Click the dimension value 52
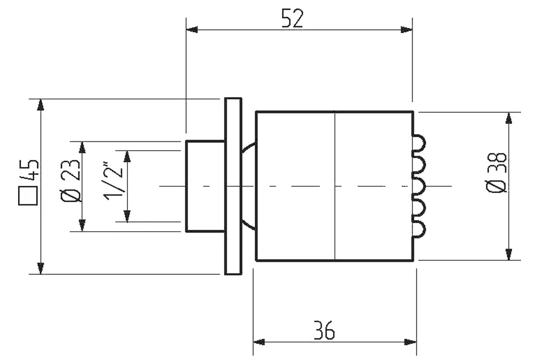pyautogui.click(x=292, y=18)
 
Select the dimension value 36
pyautogui.click(x=324, y=330)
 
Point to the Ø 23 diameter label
pyautogui.click(x=70, y=180)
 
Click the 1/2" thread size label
pyautogui.click(x=113, y=180)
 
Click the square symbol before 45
pyautogui.click(x=28, y=196)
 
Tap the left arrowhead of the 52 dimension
pyautogui.click(x=192, y=30)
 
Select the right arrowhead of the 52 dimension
pyautogui.click(x=406, y=30)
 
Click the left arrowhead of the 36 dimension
pyautogui.click(x=259, y=342)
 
